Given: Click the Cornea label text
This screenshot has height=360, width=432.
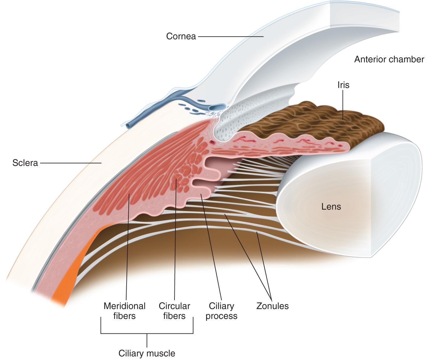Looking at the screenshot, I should pos(181,36).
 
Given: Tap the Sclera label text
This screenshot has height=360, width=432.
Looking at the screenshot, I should pos(25,163).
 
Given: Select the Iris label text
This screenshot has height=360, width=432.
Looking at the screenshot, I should pos(343,85).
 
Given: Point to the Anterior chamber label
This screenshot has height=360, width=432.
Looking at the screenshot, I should pos(389,59).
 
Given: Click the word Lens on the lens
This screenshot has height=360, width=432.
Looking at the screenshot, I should pos(331,207).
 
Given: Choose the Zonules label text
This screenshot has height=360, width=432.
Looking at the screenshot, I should pos(272,306).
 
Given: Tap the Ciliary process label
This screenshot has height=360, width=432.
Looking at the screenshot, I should pos(221,311).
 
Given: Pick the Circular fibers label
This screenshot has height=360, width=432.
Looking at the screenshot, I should pos(174,311).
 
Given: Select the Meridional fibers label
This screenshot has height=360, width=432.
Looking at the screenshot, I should pos(124,311).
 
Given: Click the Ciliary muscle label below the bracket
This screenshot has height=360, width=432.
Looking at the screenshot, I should pos(147,353).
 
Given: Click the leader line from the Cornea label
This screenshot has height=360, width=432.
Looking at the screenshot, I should pos(230,36).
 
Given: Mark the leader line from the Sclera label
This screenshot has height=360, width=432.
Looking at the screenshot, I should pos(70,163).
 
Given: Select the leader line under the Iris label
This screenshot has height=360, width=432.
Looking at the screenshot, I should pos(343,103).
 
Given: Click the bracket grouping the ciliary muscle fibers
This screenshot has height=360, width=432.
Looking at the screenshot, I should pos(147,333).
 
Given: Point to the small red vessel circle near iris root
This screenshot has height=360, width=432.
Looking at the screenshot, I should pos(213,143).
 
